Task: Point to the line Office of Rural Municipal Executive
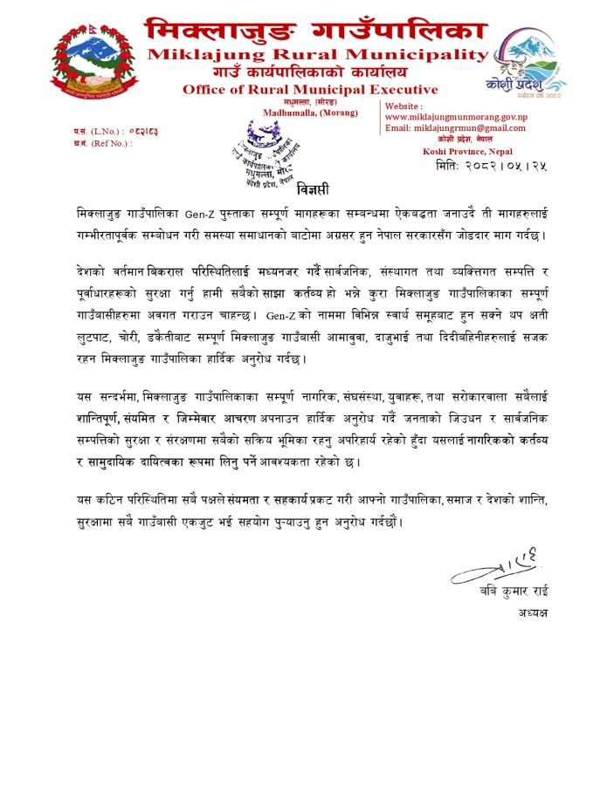310,90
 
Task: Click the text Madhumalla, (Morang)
310,113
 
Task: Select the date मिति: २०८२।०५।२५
507,166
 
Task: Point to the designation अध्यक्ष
527,613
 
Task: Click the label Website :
404,106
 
